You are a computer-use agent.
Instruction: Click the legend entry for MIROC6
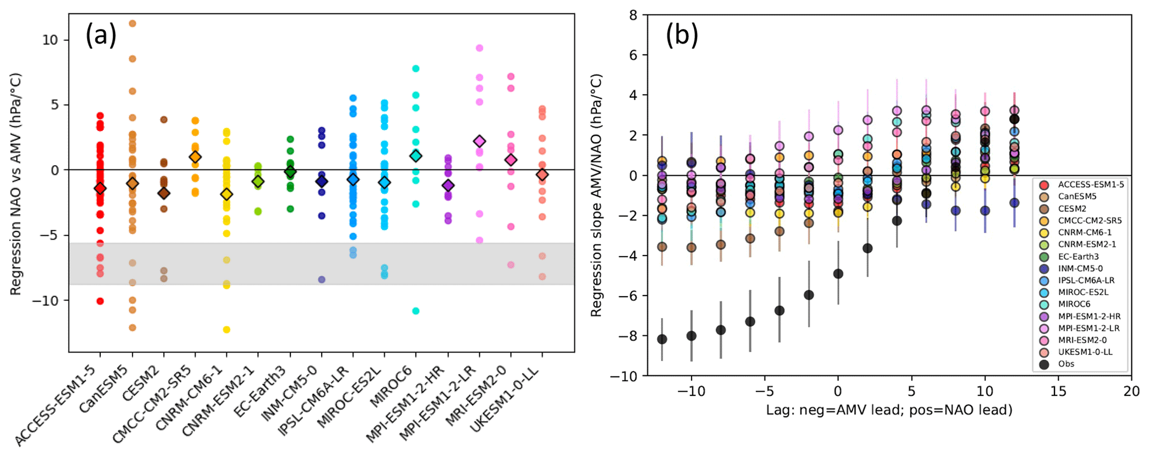tap(1074, 304)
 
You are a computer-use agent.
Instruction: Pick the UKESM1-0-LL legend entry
tap(1085, 352)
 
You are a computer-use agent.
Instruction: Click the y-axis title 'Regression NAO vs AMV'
tap(16, 184)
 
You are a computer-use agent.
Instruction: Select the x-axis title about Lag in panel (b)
tap(889, 410)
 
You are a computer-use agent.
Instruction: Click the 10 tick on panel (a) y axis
tap(50, 40)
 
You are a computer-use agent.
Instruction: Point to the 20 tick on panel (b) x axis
tap(1131, 391)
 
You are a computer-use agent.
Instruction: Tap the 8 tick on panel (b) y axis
tap(633, 15)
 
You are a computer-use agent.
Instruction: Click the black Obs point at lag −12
tap(662, 339)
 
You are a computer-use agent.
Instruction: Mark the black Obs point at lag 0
tap(838, 274)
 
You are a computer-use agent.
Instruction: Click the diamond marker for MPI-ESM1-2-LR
tap(479, 142)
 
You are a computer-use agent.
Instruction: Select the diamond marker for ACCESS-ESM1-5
tap(100, 189)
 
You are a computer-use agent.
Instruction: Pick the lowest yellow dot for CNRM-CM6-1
tap(226, 330)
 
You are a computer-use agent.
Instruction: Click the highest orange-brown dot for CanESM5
tap(132, 23)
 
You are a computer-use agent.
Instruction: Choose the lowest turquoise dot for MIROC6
tap(415, 311)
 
